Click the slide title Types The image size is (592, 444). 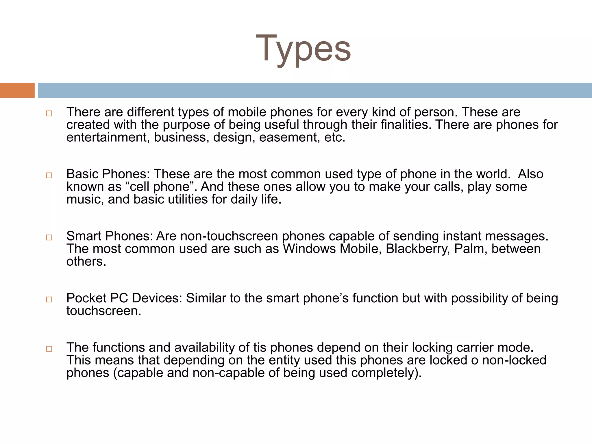tap(303, 49)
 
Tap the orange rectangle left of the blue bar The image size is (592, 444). tap(17, 90)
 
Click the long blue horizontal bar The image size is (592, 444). tap(315, 90)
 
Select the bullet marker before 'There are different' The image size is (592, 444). tap(49, 114)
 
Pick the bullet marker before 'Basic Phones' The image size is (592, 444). tap(49, 175)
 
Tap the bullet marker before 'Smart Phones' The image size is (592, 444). tap(49, 238)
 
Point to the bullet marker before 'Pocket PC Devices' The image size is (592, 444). tap(49, 299)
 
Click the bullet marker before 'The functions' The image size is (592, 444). tap(49, 349)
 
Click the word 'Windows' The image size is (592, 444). tap(309, 249)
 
